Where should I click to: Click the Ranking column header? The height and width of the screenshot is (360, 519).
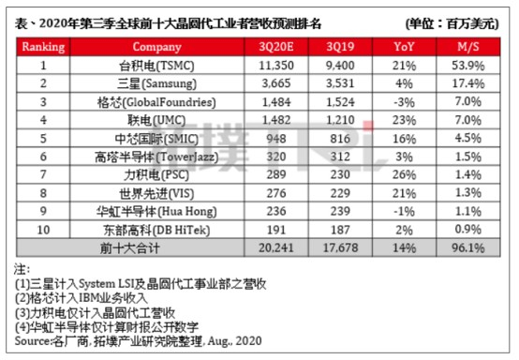(43, 47)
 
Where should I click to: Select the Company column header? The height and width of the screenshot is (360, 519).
(156, 47)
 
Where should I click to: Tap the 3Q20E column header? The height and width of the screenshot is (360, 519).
(276, 47)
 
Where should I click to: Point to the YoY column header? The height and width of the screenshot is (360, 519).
(404, 47)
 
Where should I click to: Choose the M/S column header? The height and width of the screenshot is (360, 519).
(468, 47)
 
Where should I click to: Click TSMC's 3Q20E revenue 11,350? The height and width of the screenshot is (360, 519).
(276, 66)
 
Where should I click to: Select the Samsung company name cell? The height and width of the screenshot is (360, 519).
(156, 83)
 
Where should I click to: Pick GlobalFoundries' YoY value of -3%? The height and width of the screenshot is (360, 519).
(404, 102)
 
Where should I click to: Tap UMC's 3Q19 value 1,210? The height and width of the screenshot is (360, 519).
(340, 120)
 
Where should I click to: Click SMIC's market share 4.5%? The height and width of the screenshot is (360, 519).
(468, 138)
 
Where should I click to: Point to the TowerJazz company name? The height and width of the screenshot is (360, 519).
(156, 157)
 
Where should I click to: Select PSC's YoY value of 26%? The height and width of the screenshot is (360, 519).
(404, 174)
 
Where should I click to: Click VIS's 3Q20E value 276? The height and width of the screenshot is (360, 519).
(276, 193)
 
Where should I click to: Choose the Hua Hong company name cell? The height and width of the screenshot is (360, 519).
(156, 212)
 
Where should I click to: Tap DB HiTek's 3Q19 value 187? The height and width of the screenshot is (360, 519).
(340, 230)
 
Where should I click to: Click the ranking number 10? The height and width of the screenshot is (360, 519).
(43, 230)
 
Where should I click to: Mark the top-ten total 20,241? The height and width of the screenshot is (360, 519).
(276, 247)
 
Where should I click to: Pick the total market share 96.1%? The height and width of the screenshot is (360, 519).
(468, 247)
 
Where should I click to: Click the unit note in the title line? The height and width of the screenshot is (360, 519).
(452, 23)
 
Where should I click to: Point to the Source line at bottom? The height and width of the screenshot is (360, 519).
(138, 341)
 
